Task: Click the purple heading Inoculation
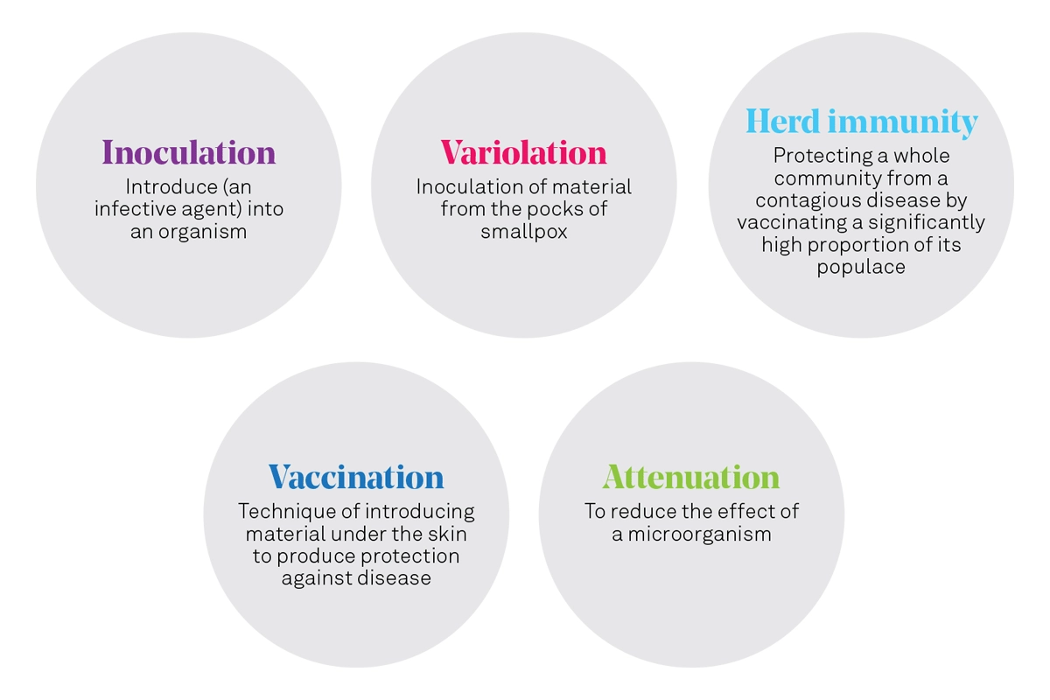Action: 189,152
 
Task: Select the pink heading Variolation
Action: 523,152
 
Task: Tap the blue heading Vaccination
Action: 356,477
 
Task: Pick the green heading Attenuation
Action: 691,477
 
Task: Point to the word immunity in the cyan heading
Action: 903,122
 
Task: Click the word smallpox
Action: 524,232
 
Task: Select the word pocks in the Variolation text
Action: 556,209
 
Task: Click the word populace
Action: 861,268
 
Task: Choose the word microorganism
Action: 699,535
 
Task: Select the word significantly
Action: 927,223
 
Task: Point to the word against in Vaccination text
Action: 312,578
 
